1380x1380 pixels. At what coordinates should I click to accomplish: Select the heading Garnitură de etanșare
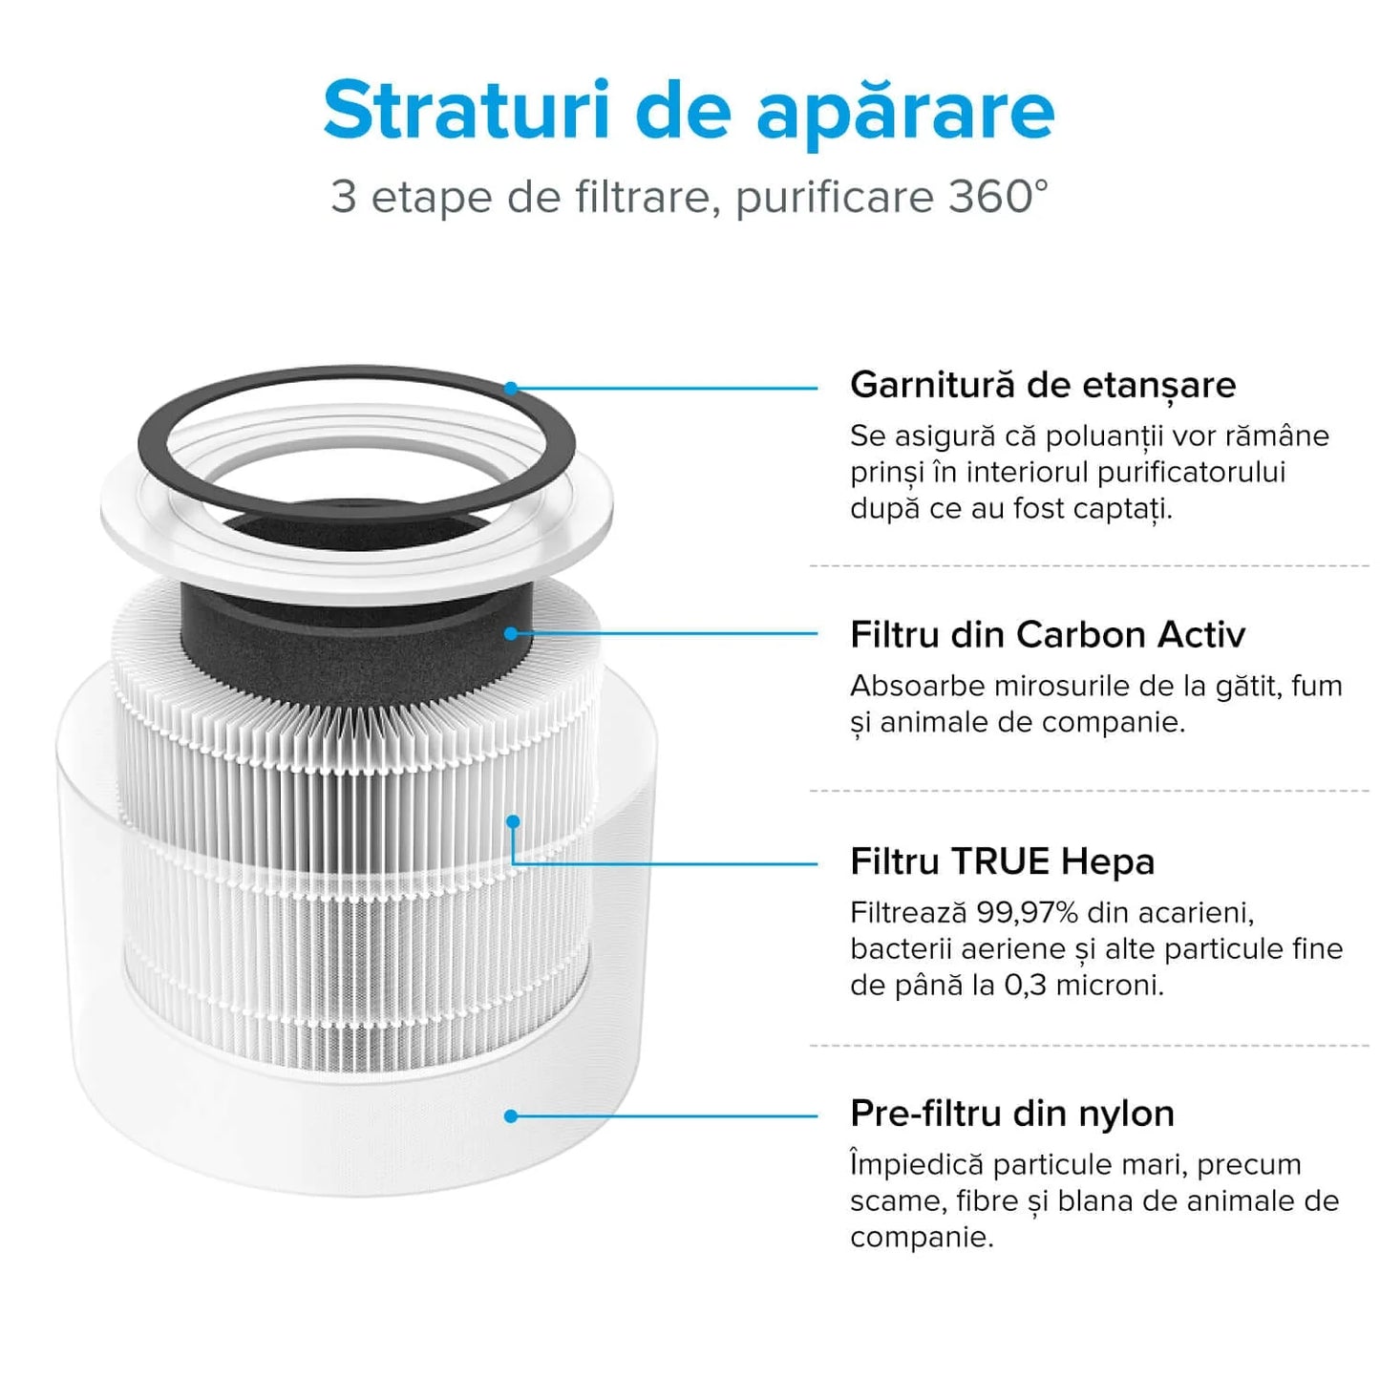[x=1043, y=385]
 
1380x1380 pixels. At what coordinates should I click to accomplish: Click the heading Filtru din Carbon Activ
[x=1048, y=635]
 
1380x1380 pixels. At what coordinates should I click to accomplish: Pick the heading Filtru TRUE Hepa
[x=1002, y=861]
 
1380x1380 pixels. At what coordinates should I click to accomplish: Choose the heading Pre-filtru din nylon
[x=1012, y=1114]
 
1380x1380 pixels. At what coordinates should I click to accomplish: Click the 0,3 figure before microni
[x=1027, y=986]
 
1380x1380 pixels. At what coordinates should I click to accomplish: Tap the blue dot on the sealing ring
[x=511, y=388]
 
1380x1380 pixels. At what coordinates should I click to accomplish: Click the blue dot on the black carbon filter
[x=511, y=633]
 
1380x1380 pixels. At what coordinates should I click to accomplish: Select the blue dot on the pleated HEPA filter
[x=513, y=821]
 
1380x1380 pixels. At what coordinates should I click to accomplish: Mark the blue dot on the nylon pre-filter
[x=511, y=1115]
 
